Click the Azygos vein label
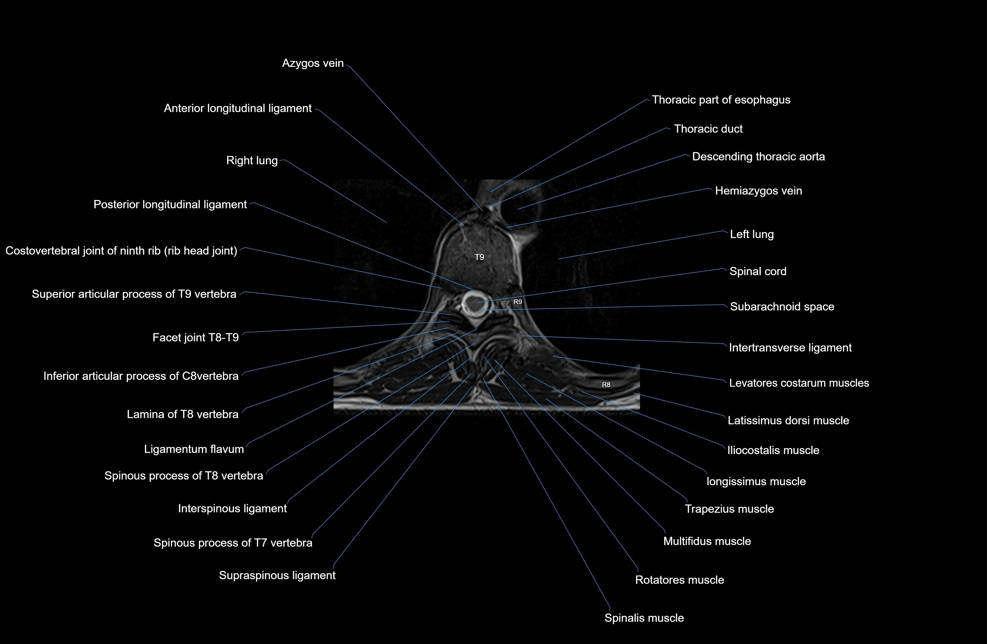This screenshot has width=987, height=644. click(313, 63)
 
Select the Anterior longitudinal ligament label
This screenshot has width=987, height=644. click(238, 108)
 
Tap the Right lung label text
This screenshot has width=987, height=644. click(252, 160)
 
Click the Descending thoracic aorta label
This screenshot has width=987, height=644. click(758, 157)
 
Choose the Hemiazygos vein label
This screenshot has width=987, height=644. click(758, 191)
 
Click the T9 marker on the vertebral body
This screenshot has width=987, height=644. click(479, 257)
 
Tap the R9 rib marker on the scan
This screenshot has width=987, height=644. click(518, 302)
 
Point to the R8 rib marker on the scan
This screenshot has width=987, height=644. click(606, 385)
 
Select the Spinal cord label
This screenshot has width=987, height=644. click(758, 271)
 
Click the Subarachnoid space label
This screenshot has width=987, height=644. click(782, 307)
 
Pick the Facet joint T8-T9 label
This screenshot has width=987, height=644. click(195, 337)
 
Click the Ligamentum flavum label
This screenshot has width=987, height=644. click(194, 449)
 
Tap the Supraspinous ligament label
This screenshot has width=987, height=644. click(277, 575)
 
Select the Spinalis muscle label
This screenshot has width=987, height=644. click(644, 618)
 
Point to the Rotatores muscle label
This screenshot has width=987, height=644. click(679, 580)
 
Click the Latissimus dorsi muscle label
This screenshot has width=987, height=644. click(788, 420)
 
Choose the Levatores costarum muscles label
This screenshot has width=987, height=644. click(799, 383)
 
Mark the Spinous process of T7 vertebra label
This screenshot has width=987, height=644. click(233, 543)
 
